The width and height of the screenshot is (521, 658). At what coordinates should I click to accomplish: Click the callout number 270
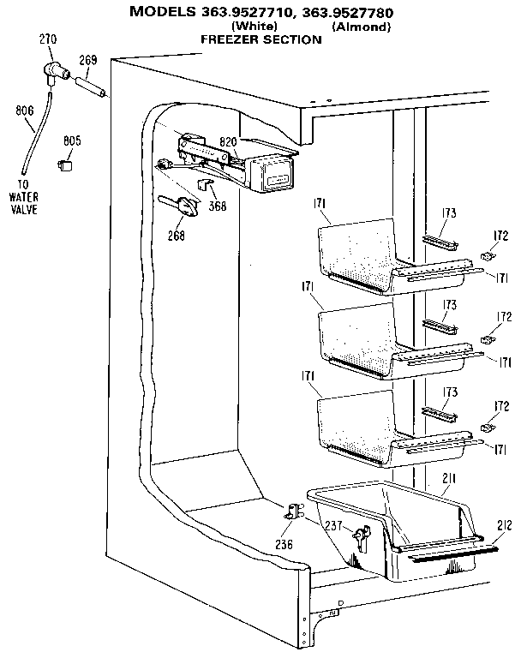tap(49, 39)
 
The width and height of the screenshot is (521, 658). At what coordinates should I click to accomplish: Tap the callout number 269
tap(88, 60)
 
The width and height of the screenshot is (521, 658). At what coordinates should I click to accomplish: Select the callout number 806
tap(25, 110)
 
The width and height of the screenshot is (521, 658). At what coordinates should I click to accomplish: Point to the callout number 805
tap(72, 141)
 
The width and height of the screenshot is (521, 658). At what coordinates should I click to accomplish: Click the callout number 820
tap(228, 142)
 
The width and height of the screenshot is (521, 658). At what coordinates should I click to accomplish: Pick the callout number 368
tap(218, 206)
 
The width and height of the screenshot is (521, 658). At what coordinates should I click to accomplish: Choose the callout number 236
tap(284, 544)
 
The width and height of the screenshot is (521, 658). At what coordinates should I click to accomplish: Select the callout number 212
tap(504, 525)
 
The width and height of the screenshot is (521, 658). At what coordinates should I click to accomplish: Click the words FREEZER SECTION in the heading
tap(249, 39)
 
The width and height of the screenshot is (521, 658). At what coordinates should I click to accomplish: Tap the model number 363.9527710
tap(245, 12)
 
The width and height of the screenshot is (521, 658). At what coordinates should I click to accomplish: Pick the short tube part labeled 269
tap(92, 87)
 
